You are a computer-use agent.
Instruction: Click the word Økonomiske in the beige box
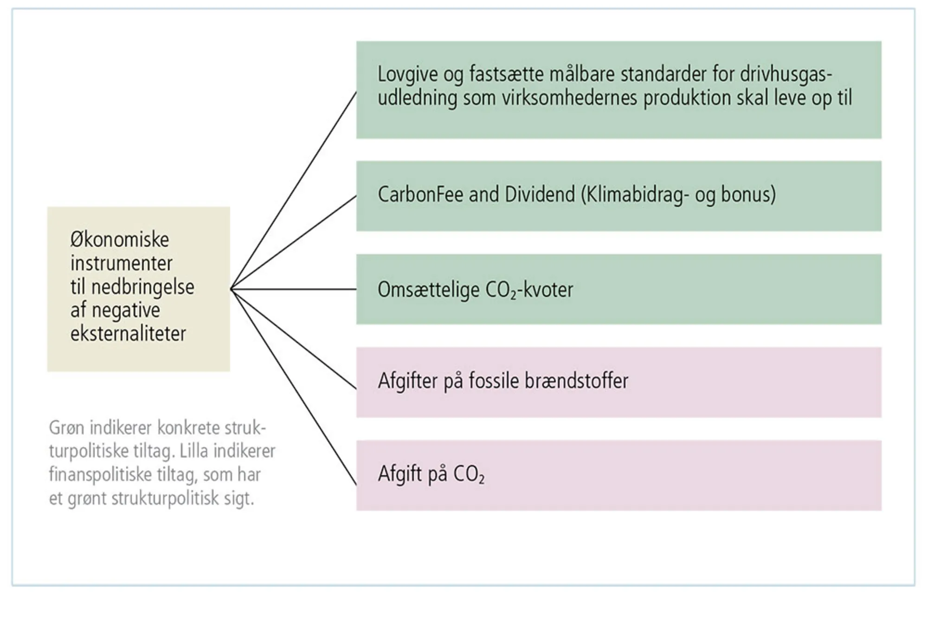pyautogui.click(x=120, y=240)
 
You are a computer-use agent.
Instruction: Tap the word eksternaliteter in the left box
pyautogui.click(x=128, y=334)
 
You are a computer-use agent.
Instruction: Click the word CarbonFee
pyautogui.click(x=420, y=194)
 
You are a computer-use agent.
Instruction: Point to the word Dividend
pyautogui.click(x=540, y=194)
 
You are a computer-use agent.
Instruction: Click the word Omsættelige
pyautogui.click(x=428, y=290)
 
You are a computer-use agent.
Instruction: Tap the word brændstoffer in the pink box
pyautogui.click(x=576, y=381)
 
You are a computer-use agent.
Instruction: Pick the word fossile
pyautogui.click(x=494, y=381)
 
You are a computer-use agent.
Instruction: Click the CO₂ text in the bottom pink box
pyautogui.click(x=469, y=474)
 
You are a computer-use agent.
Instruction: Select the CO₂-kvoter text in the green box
pyautogui.click(x=529, y=290)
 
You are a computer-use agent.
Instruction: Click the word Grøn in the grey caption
pyautogui.click(x=66, y=428)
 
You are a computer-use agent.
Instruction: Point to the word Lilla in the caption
pyautogui.click(x=194, y=452)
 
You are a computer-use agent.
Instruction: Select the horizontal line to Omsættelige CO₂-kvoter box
pyautogui.click(x=294, y=290)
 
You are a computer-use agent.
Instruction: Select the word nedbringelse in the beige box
pyautogui.click(x=142, y=287)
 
